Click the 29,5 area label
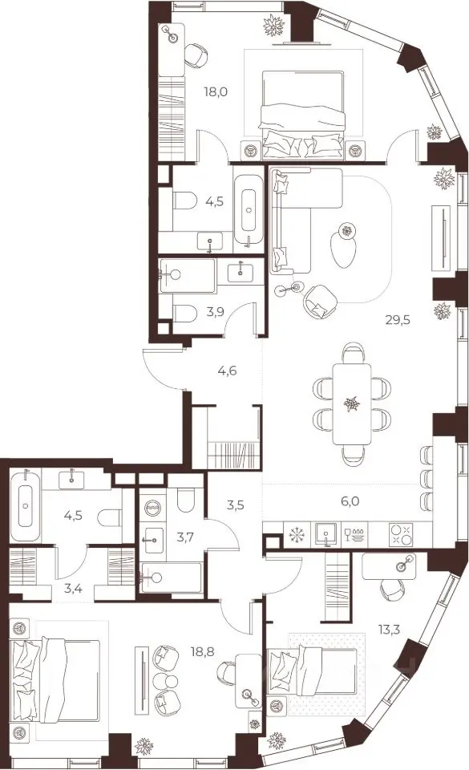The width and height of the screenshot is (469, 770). (398, 320)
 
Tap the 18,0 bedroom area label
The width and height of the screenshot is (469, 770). (216, 91)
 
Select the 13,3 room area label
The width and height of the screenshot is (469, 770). (389, 629)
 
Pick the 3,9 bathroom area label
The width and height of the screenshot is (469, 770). (216, 311)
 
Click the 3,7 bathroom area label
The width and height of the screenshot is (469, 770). (186, 537)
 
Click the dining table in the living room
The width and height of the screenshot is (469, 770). (352, 403)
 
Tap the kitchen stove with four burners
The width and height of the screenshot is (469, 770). (401, 535)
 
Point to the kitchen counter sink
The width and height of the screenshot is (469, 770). (325, 535)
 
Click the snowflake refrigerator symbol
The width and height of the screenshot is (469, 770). (297, 534)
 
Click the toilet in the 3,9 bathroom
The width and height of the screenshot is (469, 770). (184, 311)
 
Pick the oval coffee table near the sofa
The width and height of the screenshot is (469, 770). (342, 249)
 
